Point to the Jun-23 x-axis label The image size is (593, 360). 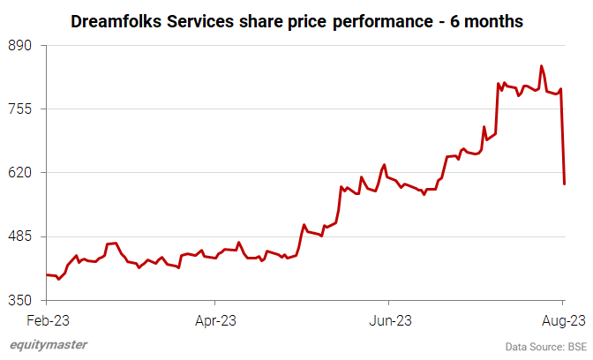click(390, 319)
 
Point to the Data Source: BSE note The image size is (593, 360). click(546, 346)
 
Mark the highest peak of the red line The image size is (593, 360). click(542, 65)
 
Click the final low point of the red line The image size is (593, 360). click(564, 184)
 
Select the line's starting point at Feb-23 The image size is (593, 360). click(46, 275)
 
